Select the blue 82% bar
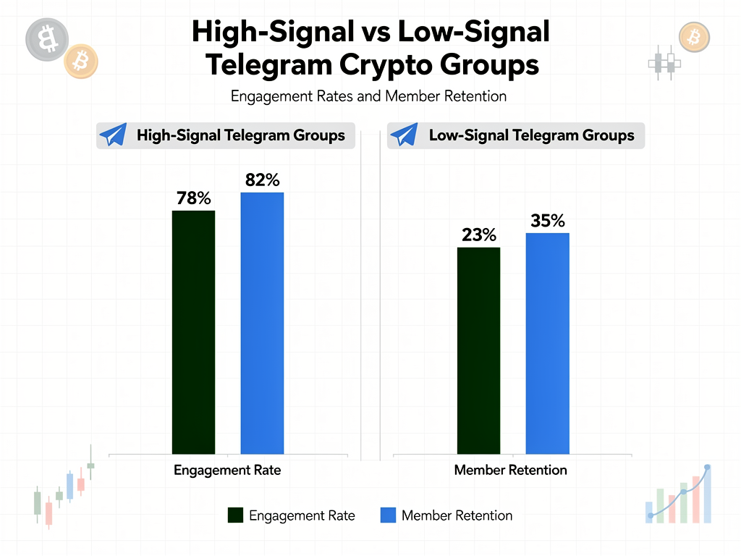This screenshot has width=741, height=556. pos(262,323)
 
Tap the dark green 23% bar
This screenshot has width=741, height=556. pos(478,350)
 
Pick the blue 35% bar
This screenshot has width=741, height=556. pos(547,343)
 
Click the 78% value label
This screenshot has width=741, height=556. pos(193,198)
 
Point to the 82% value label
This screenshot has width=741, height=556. pos(262,180)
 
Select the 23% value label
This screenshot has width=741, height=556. pos(478,235)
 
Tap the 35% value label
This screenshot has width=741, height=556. pos(547,221)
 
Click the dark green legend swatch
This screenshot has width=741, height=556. pos(235,515)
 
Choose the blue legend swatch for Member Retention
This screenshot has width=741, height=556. pos(388,515)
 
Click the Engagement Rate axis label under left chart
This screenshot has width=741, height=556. pos(227,470)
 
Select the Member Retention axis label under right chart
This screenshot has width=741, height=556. pos(510,470)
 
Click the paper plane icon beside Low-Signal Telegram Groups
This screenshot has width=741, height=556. pos(404,135)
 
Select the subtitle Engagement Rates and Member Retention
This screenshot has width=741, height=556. pos(368,96)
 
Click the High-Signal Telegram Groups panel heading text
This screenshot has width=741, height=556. pos(240,135)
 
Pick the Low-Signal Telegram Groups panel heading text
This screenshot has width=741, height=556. pos(531,135)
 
